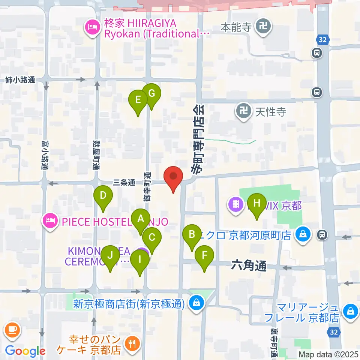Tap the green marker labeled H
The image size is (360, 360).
click(257, 203)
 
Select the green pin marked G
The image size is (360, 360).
click(151, 93)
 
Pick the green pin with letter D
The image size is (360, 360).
click(103, 195)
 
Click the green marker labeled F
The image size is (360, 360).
click(204, 256)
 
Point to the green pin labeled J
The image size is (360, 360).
click(110, 255)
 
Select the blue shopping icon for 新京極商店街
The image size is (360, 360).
click(196, 302)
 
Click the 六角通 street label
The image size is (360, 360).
click(249, 267)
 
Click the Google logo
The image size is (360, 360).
click(25, 351)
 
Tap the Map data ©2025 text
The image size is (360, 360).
click(328, 354)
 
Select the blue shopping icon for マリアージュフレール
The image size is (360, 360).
click(351, 311)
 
